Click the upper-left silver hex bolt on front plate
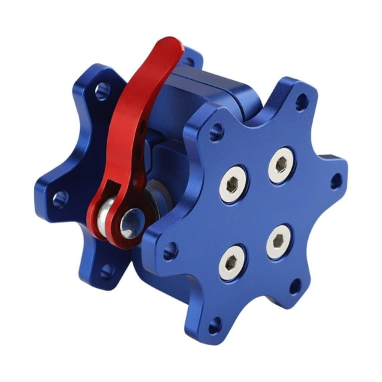click(233, 183)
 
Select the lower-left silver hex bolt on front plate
click(231, 262)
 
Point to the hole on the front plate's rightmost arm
click(336, 180)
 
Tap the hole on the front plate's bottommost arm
click(214, 326)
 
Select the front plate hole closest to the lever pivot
click(170, 251)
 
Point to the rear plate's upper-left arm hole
click(102, 90)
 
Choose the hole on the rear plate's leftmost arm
click(59, 197)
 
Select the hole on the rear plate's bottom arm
click(106, 271)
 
